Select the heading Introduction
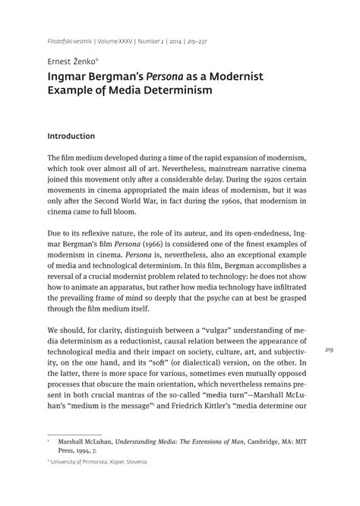coord(81,137)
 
